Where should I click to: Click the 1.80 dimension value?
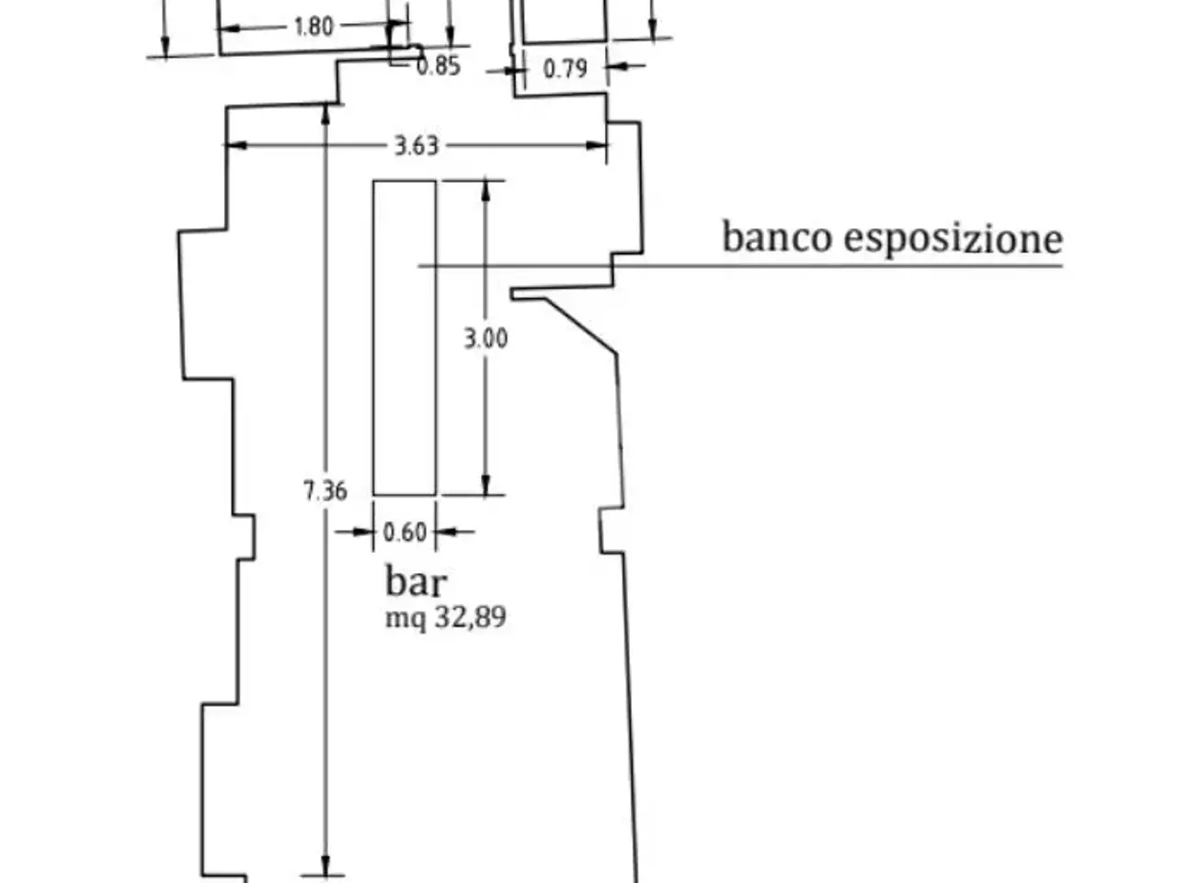tap(314, 27)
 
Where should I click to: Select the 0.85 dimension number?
tap(439, 66)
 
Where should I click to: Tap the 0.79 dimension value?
tap(566, 69)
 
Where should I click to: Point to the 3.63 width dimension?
tap(417, 146)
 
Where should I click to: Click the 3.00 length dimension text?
tap(486, 338)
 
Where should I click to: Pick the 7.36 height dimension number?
tap(325, 490)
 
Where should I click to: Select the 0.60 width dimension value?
tap(405, 533)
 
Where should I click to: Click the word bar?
tap(417, 581)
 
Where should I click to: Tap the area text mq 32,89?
tap(446, 617)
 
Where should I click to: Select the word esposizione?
tap(954, 238)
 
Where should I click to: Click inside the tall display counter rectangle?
tap(405, 338)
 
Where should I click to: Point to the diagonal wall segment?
tap(581, 326)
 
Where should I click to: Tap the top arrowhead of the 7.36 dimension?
tap(326, 114)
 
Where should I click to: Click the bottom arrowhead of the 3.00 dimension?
tap(486, 485)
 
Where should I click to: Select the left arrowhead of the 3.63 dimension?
tap(236, 145)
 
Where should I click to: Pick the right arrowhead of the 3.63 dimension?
tap(596, 145)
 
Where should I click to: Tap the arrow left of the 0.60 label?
tap(354, 532)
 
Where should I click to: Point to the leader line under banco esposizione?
tap(740, 266)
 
